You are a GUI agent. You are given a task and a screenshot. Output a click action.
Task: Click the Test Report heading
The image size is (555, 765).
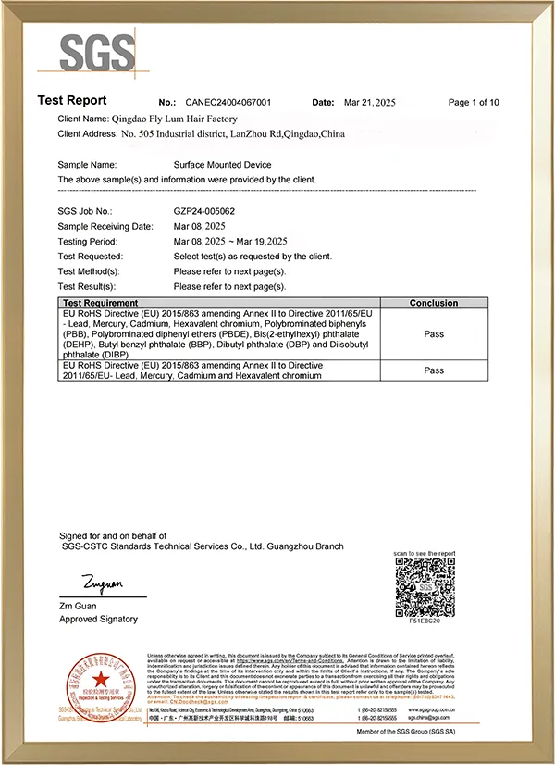(x=72, y=100)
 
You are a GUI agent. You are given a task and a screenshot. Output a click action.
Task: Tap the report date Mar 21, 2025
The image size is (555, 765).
(x=369, y=102)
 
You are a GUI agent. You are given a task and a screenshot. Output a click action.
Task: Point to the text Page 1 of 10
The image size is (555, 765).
(x=474, y=102)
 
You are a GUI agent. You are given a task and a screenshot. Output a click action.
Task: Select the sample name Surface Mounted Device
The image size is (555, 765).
(x=223, y=164)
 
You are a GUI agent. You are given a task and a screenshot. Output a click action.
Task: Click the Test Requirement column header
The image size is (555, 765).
(x=100, y=303)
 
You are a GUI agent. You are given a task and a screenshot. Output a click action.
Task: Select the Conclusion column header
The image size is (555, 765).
(x=433, y=303)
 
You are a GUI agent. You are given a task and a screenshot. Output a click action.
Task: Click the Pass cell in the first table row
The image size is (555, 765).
(x=433, y=334)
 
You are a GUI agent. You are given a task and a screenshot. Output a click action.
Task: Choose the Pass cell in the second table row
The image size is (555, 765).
(x=433, y=370)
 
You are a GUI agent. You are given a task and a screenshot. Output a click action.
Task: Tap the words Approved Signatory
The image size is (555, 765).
(x=98, y=619)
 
